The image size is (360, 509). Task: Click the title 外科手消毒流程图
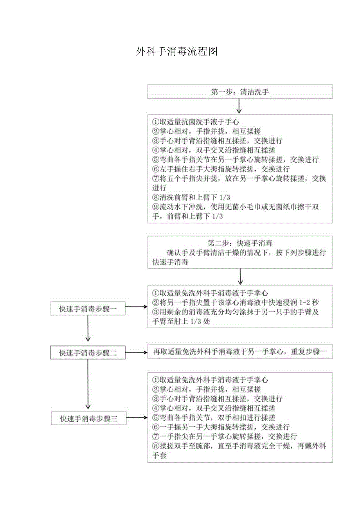click(177, 51)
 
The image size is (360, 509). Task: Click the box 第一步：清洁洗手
click(240, 92)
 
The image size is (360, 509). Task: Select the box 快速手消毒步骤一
click(88, 309)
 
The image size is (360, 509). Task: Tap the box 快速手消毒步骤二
click(88, 353)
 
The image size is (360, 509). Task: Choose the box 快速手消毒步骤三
click(88, 418)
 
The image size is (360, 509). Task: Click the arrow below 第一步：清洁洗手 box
click(239, 106)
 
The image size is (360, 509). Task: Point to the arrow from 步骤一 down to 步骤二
click(88, 328)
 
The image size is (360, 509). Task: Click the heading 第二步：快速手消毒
click(240, 243)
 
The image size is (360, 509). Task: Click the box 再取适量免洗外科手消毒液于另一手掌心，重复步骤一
click(240, 351)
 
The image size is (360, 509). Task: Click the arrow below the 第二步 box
click(240, 277)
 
